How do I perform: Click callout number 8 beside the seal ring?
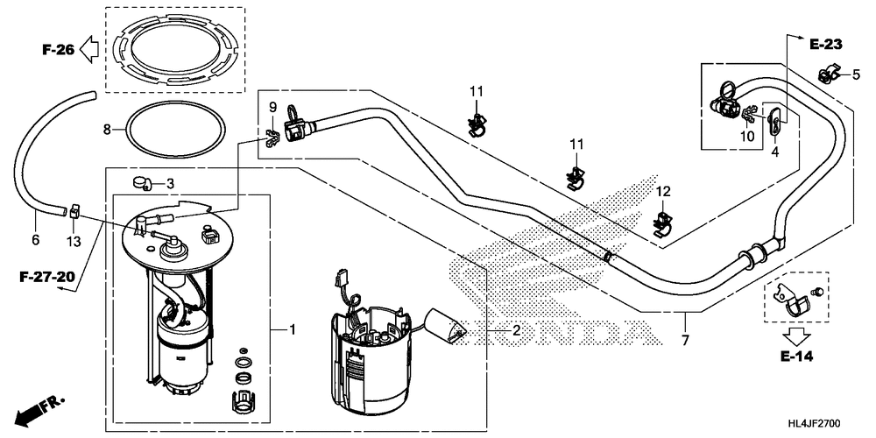coord(108,130)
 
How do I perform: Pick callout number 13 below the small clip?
coord(73,239)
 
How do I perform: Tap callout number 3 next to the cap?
coord(171,183)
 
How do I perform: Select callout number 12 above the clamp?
coord(663,191)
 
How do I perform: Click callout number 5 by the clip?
coord(856,75)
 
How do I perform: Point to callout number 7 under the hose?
coord(685,339)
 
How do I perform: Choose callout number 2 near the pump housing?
coord(516,330)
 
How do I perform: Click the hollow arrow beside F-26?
coord(89,52)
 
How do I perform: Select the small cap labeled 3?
coord(140,182)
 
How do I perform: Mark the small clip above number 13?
coord(74,209)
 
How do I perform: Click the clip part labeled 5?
coord(826,75)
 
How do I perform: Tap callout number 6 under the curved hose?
coord(36,239)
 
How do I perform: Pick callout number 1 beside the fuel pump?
coord(292,329)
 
